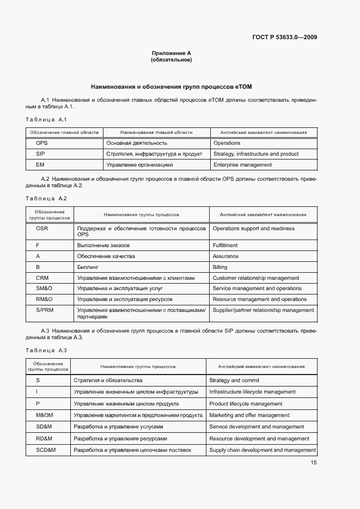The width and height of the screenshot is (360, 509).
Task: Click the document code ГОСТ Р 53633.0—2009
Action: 285,38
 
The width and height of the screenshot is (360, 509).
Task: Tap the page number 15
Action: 314,463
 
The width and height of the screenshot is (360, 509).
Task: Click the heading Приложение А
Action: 171,53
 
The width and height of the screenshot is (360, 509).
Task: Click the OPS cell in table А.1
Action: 42,143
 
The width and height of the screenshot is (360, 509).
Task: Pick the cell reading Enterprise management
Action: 242,164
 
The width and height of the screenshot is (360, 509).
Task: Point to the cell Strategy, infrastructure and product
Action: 256,154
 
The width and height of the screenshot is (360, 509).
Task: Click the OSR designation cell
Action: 42,229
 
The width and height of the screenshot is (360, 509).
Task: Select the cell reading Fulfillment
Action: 225,246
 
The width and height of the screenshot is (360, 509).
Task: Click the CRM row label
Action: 42,278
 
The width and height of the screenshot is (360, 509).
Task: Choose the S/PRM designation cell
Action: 44,310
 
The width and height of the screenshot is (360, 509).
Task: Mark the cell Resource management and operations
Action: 259,299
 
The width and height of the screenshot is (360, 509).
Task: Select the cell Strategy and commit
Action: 234,381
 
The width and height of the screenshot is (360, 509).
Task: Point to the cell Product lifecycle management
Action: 246,404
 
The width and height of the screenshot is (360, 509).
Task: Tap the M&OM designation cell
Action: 44,415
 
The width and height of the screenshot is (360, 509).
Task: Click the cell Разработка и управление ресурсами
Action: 120,438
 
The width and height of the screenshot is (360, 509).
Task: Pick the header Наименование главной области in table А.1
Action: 156,132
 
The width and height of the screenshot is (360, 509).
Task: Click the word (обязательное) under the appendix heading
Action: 171,60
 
